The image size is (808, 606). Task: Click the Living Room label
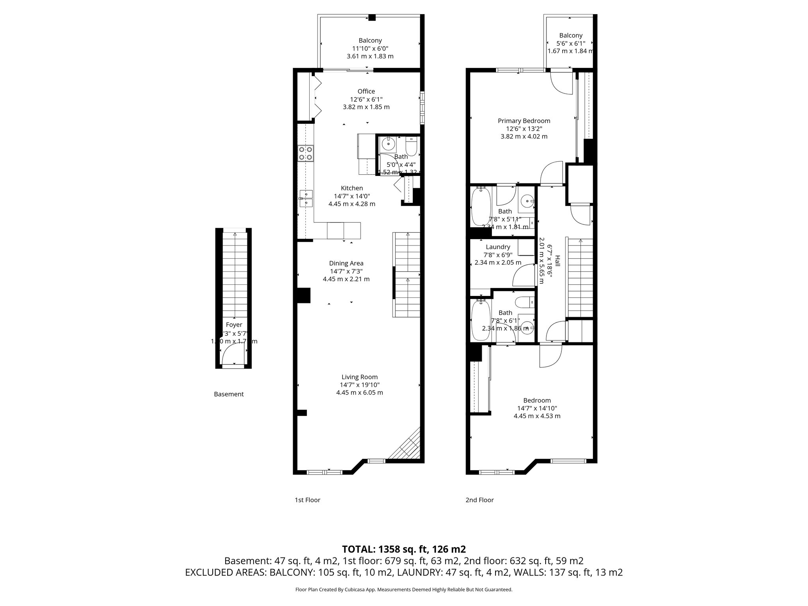pos(359,377)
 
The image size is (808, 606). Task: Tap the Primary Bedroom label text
pos(524,121)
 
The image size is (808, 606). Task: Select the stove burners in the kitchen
pos(306,153)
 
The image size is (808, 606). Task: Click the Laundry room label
pos(498,247)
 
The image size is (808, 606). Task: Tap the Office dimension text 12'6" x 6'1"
pos(366,99)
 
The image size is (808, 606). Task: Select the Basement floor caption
pos(229,394)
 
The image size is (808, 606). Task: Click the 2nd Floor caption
pos(479,500)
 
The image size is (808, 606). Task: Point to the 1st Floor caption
pos(307,500)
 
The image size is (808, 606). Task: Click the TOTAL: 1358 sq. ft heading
pos(404,549)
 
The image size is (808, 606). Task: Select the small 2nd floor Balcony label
pos(570,36)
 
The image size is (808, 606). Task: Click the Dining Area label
pos(346,263)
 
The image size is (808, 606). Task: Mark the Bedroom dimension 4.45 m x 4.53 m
pos(537,416)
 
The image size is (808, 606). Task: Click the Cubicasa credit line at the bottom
pos(404,590)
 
